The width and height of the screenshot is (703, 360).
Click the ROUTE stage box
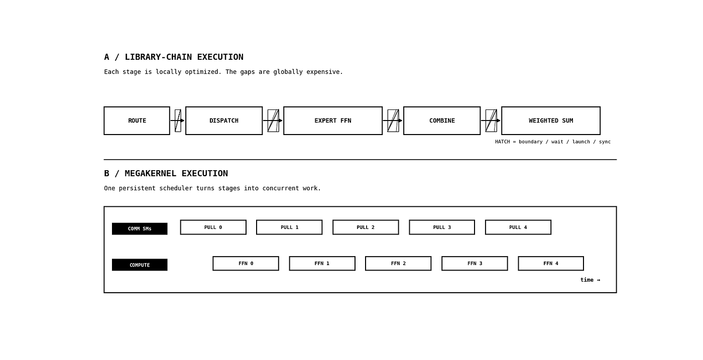137,121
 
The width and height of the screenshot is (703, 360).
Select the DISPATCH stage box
224,121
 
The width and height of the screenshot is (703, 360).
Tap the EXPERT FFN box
333,121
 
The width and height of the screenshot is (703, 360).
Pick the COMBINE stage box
442,121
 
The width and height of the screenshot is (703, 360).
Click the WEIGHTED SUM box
551,121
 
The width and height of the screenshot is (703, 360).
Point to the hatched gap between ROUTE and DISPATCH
178,121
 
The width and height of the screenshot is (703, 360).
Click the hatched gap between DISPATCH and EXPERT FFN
273,121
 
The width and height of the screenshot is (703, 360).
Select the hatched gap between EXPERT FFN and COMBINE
393,121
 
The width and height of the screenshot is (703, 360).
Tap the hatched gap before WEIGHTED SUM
491,121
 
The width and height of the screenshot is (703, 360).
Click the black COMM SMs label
140,229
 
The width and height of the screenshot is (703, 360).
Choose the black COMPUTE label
140,265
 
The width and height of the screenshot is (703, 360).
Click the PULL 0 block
213,227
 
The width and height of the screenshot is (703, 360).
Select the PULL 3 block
442,227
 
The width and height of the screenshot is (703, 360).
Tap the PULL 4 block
518,227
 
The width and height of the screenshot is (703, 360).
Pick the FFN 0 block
246,263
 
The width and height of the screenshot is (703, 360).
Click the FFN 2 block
398,263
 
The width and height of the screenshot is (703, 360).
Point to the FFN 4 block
551,263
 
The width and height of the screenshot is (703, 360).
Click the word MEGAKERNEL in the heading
151,174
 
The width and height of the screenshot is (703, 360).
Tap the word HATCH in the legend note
503,142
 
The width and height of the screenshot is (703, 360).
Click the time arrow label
591,280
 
